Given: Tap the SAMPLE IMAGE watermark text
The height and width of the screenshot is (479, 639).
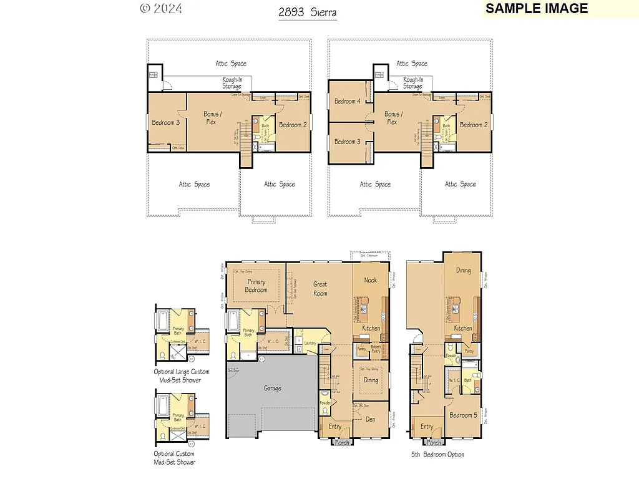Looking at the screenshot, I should [x=537, y=9].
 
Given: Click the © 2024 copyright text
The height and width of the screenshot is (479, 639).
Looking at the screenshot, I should [x=161, y=9].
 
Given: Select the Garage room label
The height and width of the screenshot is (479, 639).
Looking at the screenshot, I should [x=272, y=389].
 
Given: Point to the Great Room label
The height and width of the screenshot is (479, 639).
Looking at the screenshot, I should [x=320, y=289].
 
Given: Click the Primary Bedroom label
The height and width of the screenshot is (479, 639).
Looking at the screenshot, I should [x=256, y=286].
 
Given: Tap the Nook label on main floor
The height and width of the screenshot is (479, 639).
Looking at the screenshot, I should [x=371, y=281].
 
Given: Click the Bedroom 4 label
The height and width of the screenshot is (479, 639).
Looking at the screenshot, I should [x=347, y=102].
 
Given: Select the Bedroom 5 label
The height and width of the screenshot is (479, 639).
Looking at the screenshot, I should [x=463, y=415].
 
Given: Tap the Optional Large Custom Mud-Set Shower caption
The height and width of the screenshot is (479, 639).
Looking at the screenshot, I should [x=182, y=375].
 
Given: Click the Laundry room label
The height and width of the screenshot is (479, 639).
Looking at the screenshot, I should [x=310, y=343].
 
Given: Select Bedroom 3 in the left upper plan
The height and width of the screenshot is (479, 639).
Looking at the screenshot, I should [x=165, y=123].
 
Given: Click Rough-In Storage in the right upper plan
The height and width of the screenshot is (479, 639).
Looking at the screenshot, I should [x=412, y=83].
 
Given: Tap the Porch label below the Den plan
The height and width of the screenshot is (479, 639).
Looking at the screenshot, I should [x=342, y=443].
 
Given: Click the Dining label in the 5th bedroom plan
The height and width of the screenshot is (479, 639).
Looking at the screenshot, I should [x=463, y=271].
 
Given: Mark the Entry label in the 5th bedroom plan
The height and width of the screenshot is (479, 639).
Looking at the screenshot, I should [x=427, y=427].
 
